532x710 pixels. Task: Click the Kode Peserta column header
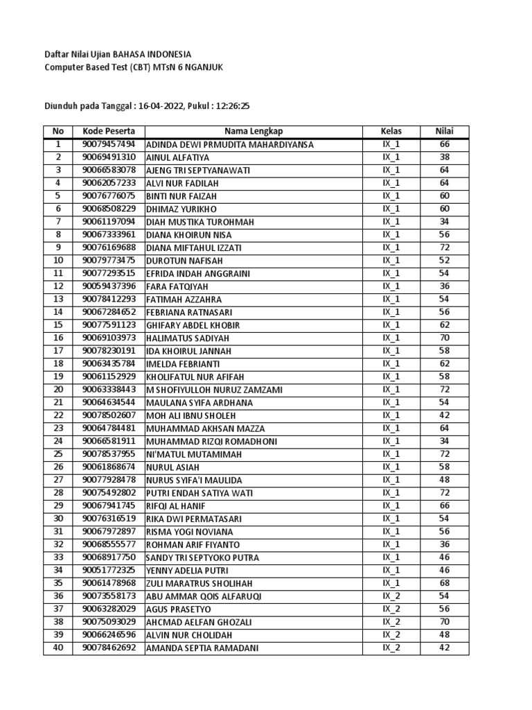tap(109, 132)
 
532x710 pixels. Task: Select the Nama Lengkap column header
tap(253, 132)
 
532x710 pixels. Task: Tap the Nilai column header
tap(444, 132)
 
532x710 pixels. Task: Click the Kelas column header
tap(391, 132)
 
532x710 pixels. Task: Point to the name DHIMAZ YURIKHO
tap(181, 209)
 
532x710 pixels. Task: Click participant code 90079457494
tap(109, 145)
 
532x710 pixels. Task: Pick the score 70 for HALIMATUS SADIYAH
tap(444, 338)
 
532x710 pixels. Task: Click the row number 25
tap(58, 454)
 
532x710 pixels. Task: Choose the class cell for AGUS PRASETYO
tap(391, 609)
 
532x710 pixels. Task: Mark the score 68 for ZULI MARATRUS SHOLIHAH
tap(444, 583)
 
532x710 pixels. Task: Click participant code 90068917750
tap(109, 557)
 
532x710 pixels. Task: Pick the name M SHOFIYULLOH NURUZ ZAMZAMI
tap(214, 390)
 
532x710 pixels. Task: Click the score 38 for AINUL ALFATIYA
tap(444, 157)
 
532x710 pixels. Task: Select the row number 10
tap(58, 261)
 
